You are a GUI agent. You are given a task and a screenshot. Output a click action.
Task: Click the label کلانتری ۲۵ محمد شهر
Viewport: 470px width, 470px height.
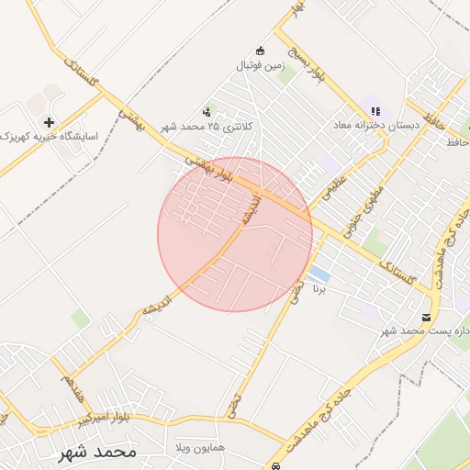205,127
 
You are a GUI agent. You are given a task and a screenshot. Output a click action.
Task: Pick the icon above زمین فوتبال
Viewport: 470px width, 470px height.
260,50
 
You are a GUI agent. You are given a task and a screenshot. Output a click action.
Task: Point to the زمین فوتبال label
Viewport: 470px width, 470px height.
261,65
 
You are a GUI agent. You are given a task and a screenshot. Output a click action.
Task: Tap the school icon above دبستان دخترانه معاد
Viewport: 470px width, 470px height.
375,110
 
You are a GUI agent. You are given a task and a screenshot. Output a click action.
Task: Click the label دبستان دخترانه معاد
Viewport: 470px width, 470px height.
376,125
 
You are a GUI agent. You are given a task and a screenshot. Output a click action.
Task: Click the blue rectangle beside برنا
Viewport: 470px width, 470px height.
319,274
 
